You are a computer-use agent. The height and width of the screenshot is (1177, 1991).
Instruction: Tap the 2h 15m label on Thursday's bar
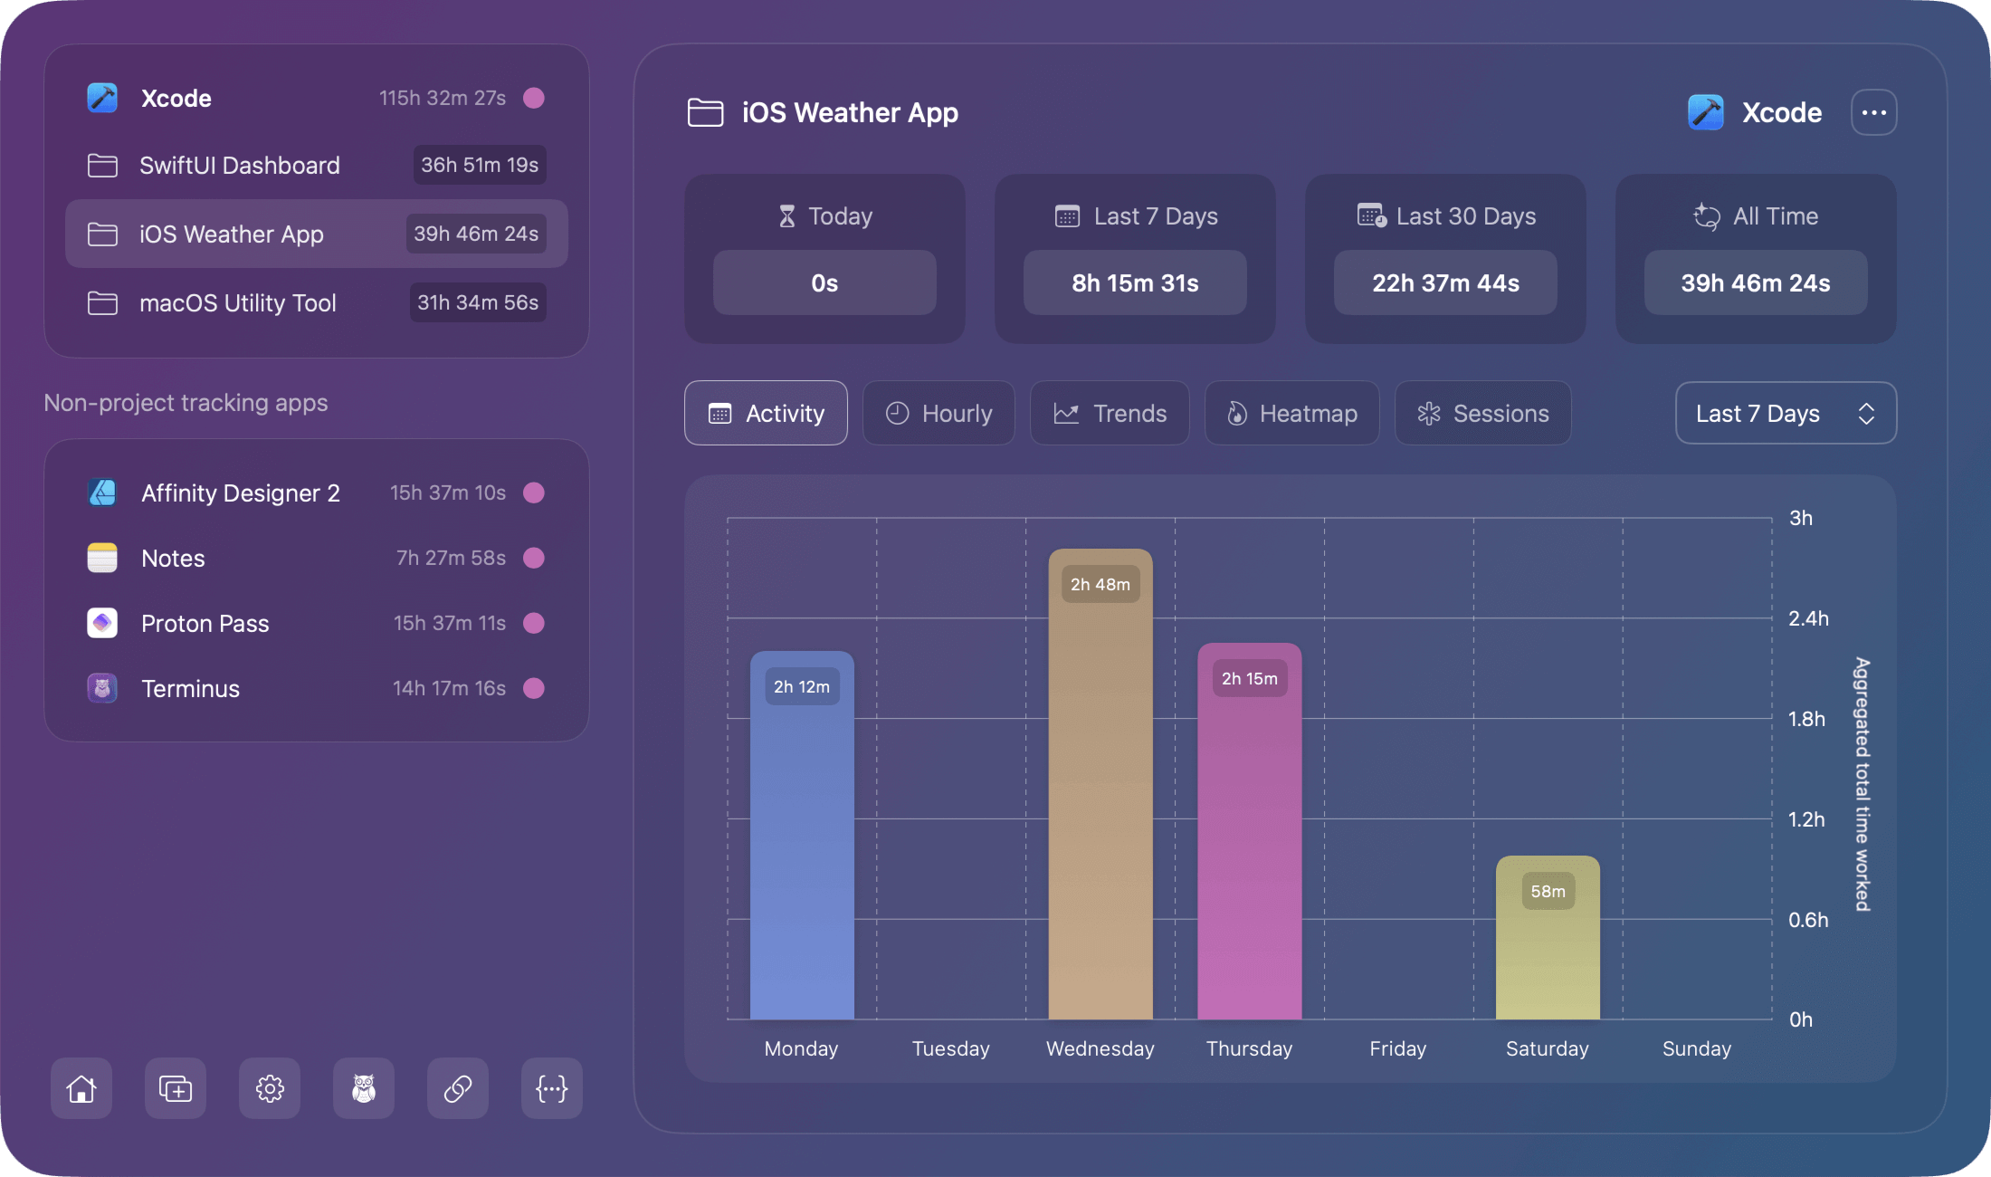(x=1250, y=679)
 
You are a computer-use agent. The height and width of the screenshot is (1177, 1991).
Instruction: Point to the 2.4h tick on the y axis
(x=1808, y=618)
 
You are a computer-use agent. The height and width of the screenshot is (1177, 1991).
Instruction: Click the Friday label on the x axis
(x=1397, y=1048)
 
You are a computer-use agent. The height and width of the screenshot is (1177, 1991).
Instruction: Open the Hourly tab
(x=938, y=414)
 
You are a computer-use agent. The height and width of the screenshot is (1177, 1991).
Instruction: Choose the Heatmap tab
(x=1291, y=414)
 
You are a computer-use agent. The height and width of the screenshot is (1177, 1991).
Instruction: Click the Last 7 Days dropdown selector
(x=1786, y=414)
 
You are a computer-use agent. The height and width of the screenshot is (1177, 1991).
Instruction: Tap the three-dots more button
(x=1873, y=112)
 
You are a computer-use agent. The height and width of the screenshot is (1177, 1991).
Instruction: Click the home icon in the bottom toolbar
(x=81, y=1088)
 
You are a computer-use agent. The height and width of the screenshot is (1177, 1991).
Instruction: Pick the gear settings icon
(x=270, y=1088)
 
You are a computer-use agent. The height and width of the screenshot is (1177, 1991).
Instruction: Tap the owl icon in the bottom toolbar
(x=364, y=1088)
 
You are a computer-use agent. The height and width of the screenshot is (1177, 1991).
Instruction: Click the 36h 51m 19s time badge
(x=480, y=165)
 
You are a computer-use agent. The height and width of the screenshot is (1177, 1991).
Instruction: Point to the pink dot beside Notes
(x=534, y=558)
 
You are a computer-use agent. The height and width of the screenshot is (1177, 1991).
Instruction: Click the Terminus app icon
(x=102, y=688)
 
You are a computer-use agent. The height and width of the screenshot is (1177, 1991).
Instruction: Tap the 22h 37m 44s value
(x=1445, y=283)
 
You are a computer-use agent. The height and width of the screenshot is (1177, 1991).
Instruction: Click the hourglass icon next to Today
(x=786, y=216)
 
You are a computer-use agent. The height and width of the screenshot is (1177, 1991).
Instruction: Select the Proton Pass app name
(x=205, y=624)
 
